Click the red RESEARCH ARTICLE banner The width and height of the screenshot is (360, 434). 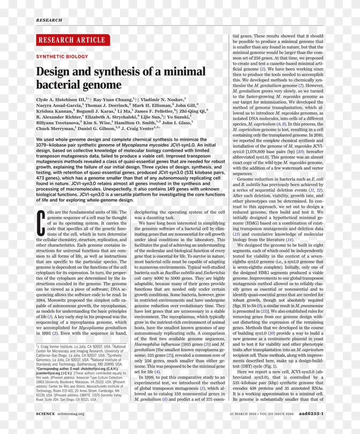(x=72, y=40)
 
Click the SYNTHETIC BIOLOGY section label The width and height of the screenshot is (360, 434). (x=62, y=57)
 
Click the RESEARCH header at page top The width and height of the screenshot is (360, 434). (x=49, y=20)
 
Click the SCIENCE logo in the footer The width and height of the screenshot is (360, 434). (x=45, y=414)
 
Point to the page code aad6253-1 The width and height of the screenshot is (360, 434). (x=311, y=414)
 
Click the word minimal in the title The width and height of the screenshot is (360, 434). (x=183, y=72)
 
